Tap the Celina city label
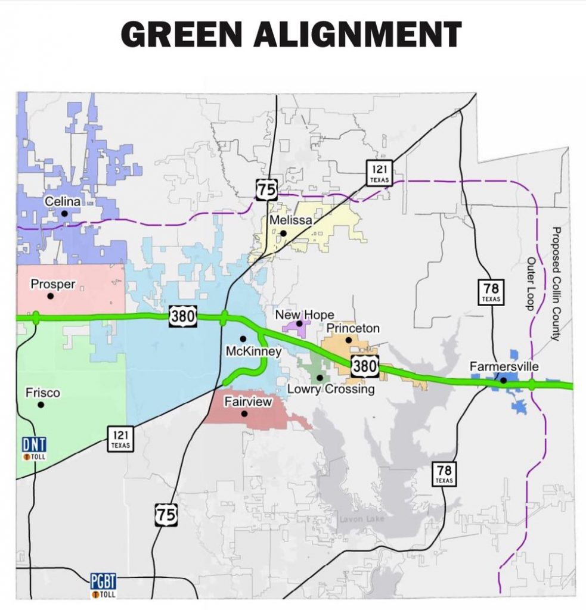[x=63, y=202]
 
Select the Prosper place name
[x=52, y=284]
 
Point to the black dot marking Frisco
[x=41, y=405]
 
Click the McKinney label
[x=253, y=351]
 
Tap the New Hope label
[x=304, y=315]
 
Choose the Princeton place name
[x=353, y=328]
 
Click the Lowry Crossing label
[x=331, y=390]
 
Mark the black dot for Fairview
[x=244, y=413]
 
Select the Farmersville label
[x=504, y=366]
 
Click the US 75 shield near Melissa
[x=266, y=190]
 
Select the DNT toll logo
[x=34, y=449]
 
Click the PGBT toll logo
[x=103, y=583]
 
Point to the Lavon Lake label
[x=362, y=519]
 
